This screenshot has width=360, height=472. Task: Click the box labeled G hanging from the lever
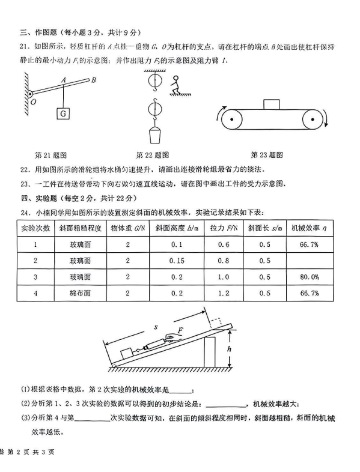63,113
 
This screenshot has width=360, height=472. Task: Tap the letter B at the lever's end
93,80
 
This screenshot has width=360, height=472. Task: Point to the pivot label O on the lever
33,102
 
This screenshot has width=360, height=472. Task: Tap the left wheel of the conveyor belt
231,120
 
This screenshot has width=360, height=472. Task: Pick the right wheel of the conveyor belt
313,120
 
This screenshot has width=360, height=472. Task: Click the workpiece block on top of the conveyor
272,104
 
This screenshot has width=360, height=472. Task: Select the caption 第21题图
50,156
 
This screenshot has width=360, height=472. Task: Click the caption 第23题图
267,155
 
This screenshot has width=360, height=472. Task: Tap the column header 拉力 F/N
224,228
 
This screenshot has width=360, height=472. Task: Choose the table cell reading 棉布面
80,293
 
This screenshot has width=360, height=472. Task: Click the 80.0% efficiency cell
310,277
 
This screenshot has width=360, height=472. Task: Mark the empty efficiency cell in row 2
310,261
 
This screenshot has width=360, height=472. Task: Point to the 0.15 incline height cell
177,261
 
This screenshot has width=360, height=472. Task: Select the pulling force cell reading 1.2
224,293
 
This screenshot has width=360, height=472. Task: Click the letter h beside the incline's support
229,349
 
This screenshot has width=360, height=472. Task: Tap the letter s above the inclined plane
156,327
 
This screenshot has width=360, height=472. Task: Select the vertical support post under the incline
210,352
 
